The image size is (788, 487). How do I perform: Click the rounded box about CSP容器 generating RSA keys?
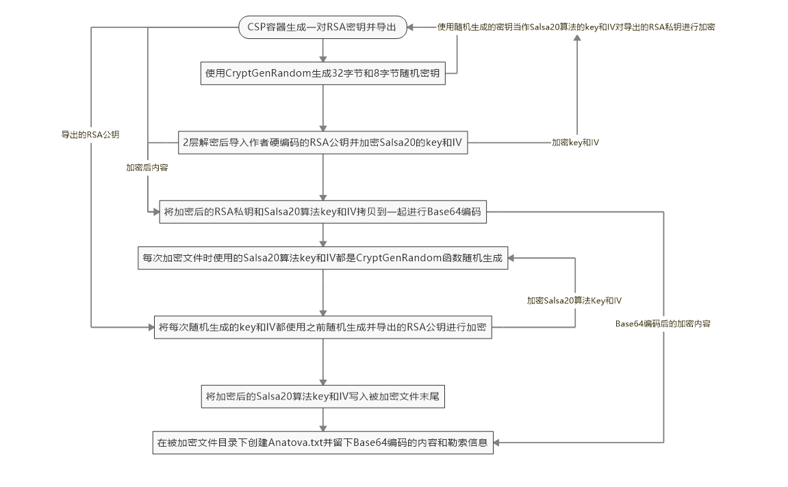pyautogui.click(x=322, y=27)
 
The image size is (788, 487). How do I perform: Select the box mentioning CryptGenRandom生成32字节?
pyautogui.click(x=322, y=73)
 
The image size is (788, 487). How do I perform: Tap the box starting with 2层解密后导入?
pyautogui.click(x=322, y=143)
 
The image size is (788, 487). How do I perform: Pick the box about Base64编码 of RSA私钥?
pyautogui.click(x=322, y=212)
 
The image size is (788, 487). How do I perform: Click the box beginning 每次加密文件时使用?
pyautogui.click(x=322, y=259)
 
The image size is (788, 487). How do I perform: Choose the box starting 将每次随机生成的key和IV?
pyautogui.click(x=322, y=328)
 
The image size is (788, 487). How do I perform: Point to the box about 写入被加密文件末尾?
pyautogui.click(x=322, y=397)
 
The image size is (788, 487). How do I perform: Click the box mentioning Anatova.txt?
pyautogui.click(x=322, y=443)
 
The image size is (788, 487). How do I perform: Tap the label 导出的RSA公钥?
pyautogui.click(x=90, y=135)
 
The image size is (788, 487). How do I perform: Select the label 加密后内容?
pyautogui.click(x=147, y=167)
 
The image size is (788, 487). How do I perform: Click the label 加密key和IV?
pyautogui.click(x=576, y=143)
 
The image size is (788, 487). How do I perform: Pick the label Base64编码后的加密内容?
pyautogui.click(x=663, y=324)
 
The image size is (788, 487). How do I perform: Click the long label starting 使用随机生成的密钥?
pyautogui.click(x=576, y=27)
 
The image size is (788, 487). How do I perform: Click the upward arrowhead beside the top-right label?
pyautogui.click(x=576, y=40)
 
